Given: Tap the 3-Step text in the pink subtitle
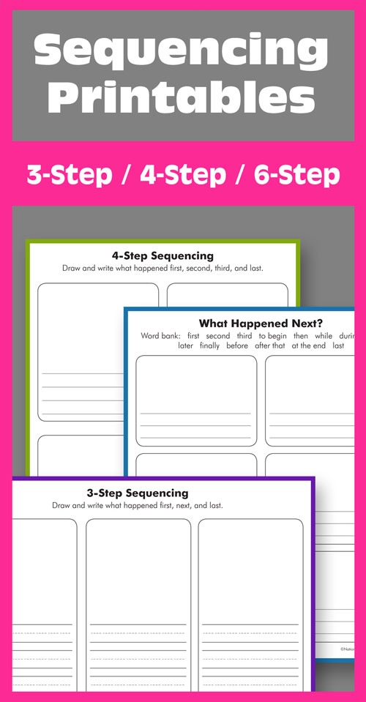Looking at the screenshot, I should tap(68, 175).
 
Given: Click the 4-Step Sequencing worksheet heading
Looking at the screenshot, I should tap(163, 256).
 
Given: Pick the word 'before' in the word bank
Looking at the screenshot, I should tap(237, 346).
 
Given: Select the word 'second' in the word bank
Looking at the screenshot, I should tap(218, 335).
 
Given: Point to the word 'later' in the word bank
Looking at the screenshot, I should tap(185, 346).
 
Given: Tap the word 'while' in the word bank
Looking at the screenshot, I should tap(323, 335).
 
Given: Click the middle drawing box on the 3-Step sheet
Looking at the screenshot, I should tap(138, 571).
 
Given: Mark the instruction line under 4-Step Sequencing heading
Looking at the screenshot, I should tap(163, 268).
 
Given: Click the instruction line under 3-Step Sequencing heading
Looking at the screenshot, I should tap(137, 505).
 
